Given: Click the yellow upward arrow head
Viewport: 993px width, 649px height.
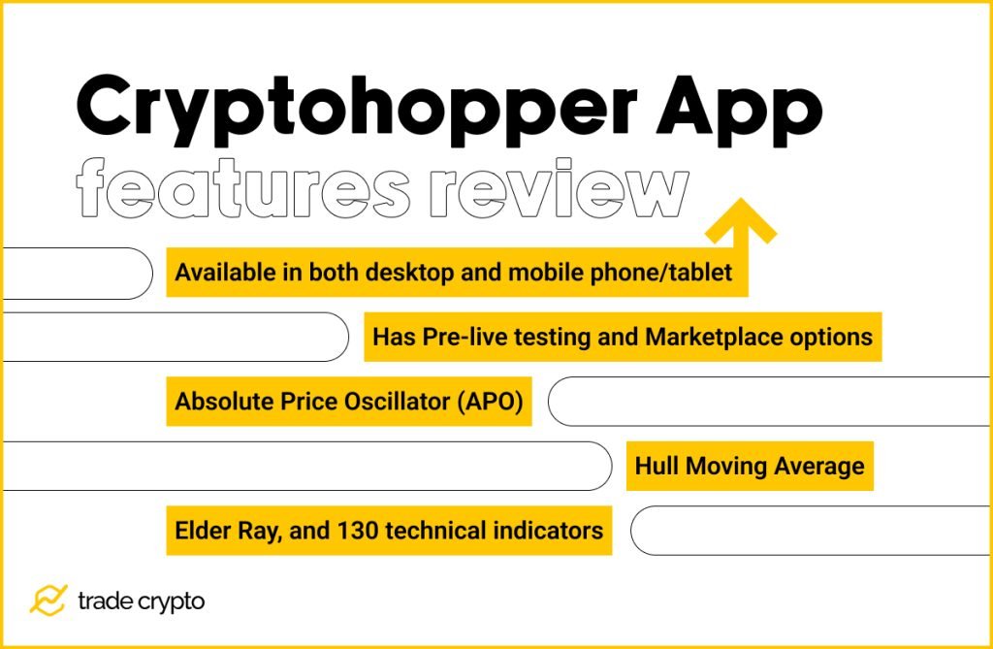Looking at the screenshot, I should coord(740,221).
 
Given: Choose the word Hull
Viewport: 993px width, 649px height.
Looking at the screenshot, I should coord(657,466).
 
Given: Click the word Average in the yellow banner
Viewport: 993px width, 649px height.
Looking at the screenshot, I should coord(818,466).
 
